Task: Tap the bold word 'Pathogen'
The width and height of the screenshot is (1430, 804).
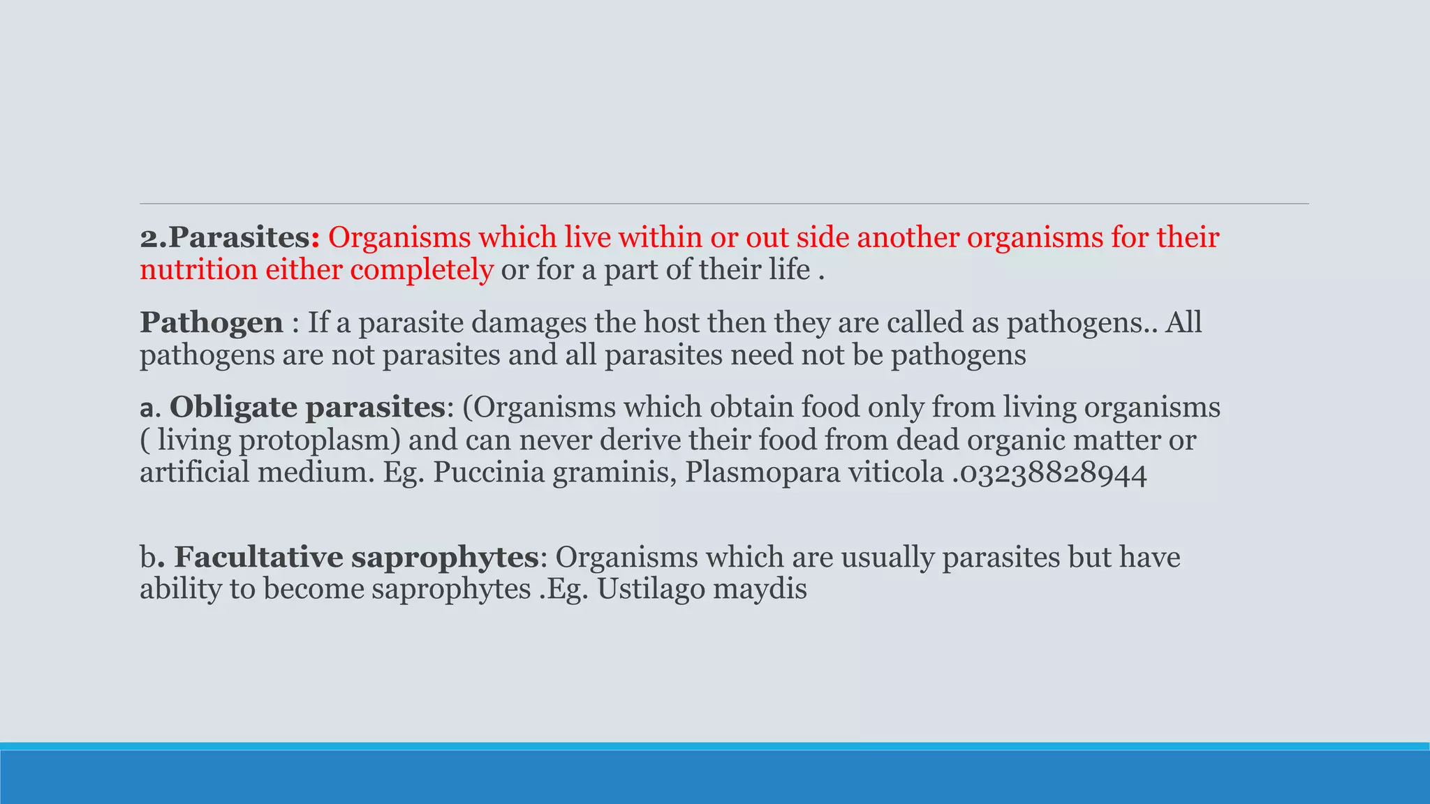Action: tap(212, 323)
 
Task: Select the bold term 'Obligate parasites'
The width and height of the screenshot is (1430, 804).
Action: tap(307, 408)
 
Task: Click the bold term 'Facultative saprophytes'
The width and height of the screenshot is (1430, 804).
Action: tap(356, 558)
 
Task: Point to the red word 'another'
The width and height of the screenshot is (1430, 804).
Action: tap(907, 239)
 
